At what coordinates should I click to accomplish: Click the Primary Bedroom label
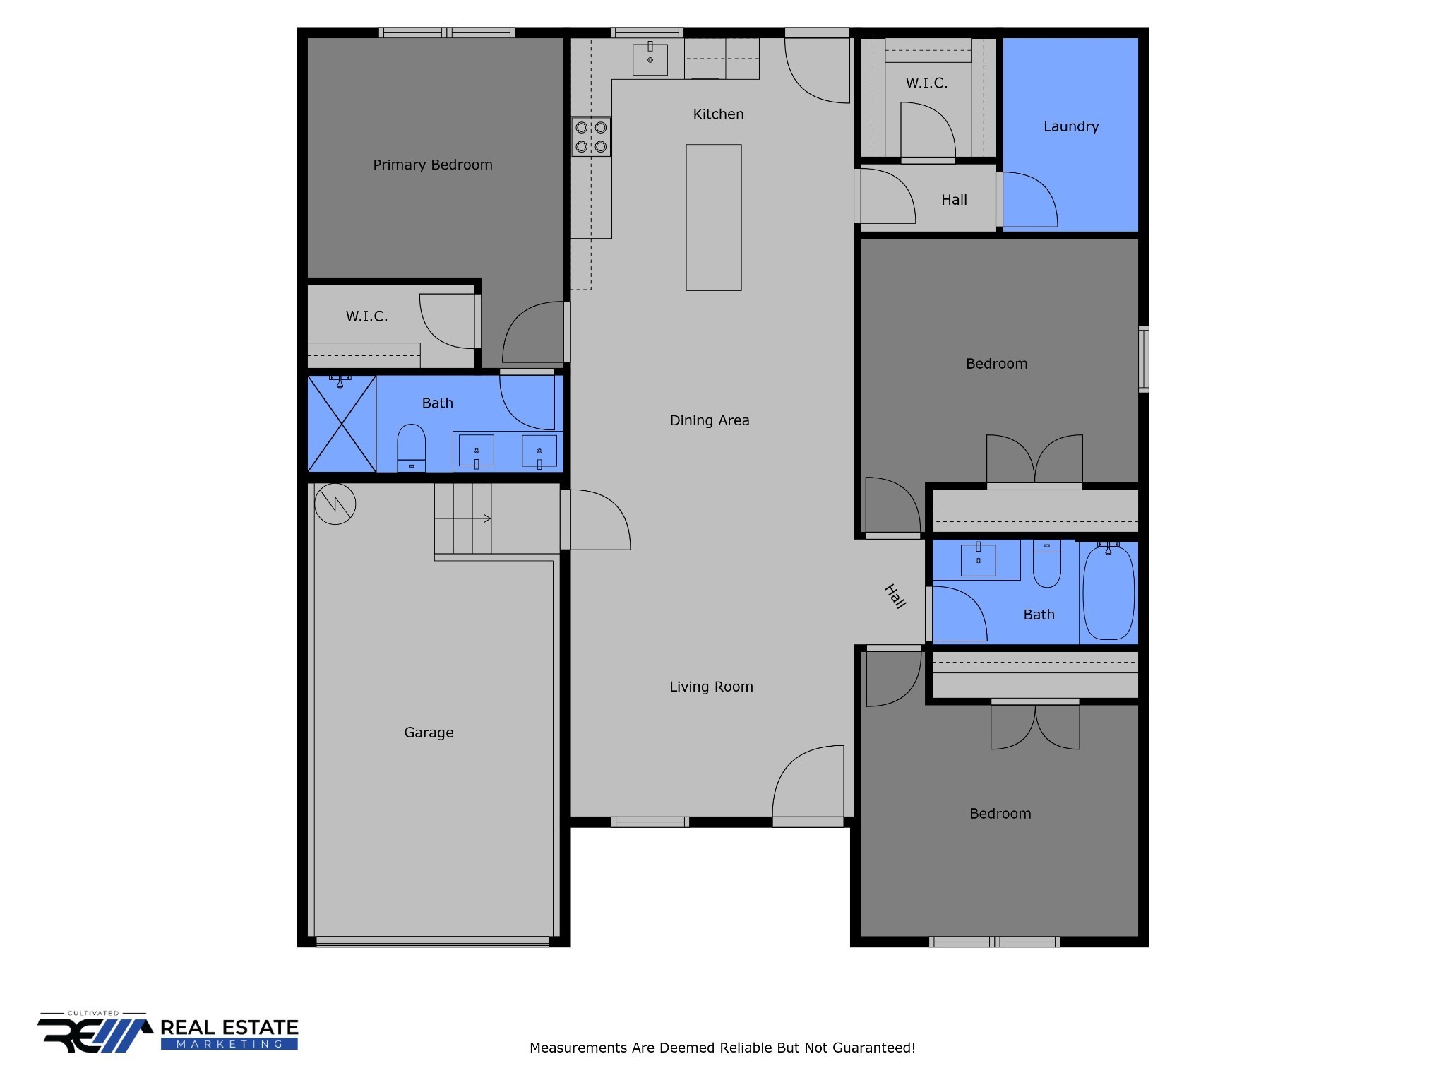pos(432,165)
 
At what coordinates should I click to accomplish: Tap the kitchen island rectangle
pos(713,217)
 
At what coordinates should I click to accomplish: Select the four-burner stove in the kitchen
pos(591,137)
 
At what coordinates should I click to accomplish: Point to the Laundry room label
pos(1070,126)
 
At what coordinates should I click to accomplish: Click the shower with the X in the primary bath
pos(342,424)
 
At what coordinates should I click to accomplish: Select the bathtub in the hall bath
pos(1108,592)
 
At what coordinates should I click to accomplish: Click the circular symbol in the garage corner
pos(335,504)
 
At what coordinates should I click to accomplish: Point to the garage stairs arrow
pos(486,518)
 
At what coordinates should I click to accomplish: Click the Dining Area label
pos(709,420)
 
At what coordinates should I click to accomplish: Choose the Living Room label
pos(710,687)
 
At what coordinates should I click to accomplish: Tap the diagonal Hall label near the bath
pos(895,596)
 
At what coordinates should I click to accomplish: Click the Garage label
pos(429,733)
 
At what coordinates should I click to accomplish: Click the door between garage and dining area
pos(597,520)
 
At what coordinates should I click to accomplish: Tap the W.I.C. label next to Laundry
pos(926,83)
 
